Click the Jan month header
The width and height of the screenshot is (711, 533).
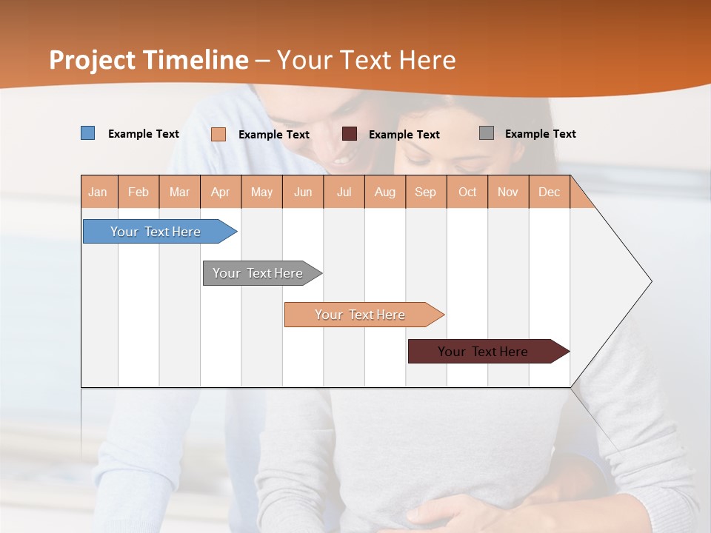[x=98, y=192]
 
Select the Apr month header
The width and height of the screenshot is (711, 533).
[x=220, y=192]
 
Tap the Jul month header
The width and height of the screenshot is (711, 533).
[x=344, y=192]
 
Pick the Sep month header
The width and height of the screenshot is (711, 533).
[x=425, y=192]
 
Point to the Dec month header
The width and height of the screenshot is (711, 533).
[x=549, y=192]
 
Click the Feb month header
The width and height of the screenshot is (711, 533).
[x=138, y=192]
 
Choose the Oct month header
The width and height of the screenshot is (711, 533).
[x=467, y=192]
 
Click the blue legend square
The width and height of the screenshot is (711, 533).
[x=88, y=133]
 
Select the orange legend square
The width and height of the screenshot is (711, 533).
[x=218, y=134]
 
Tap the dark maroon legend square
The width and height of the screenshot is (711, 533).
[x=350, y=134]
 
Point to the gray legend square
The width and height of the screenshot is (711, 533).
[x=487, y=133]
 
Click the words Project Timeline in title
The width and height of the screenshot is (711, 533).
[x=149, y=60]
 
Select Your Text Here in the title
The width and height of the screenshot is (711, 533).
[x=366, y=60]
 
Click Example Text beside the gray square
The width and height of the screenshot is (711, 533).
[x=540, y=134]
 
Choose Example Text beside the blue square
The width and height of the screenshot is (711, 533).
[x=144, y=134]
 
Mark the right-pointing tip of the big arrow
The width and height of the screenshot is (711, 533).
[x=650, y=281]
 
